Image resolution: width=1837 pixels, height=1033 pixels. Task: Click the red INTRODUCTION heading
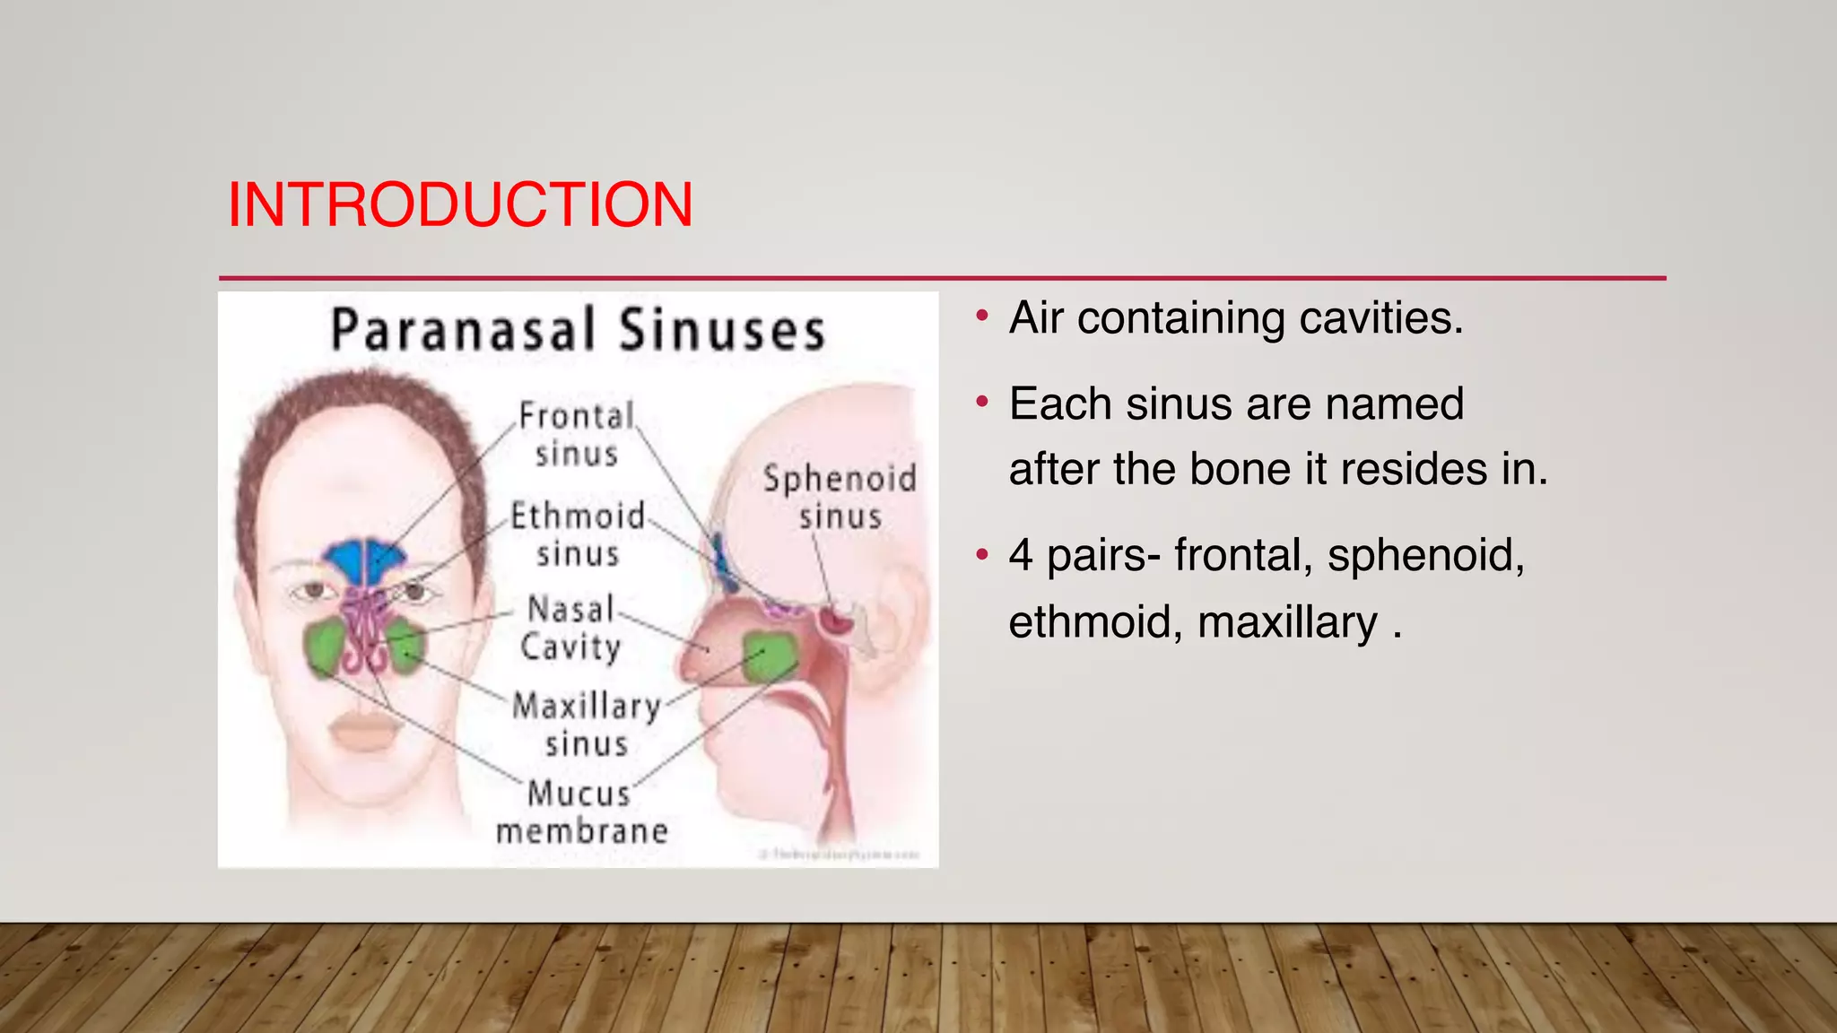tap(460, 205)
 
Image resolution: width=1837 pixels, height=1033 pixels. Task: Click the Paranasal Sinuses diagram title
tap(578, 329)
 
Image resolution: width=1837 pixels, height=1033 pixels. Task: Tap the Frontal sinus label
tap(576, 434)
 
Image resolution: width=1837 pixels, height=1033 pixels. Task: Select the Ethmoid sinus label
tap(578, 534)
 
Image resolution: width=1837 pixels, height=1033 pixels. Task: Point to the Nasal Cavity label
tap(570, 628)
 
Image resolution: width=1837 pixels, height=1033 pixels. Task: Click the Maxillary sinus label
tap(587, 725)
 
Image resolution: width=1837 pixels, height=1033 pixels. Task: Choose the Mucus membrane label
tap(581, 812)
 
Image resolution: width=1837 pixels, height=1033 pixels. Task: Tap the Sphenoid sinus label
tap(840, 497)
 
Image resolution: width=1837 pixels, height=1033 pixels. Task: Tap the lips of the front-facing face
tap(365, 731)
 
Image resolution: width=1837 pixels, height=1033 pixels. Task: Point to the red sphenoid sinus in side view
tap(838, 619)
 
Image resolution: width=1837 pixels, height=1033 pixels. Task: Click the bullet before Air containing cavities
tap(982, 317)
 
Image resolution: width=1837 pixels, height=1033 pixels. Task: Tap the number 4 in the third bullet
tap(1021, 555)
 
